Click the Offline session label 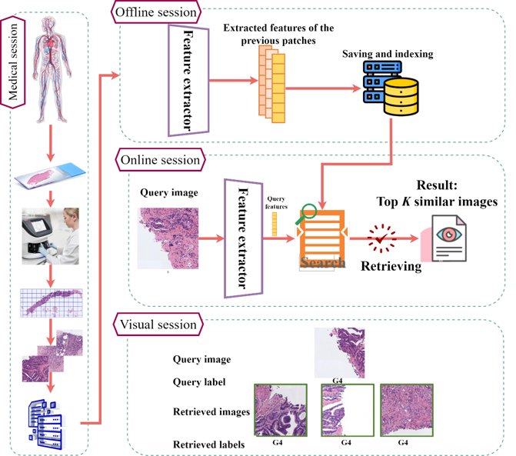(x=155, y=12)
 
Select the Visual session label (x=158, y=325)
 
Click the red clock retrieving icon (x=382, y=237)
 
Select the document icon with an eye (x=447, y=237)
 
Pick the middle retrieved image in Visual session (x=347, y=410)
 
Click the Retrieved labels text (x=209, y=444)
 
